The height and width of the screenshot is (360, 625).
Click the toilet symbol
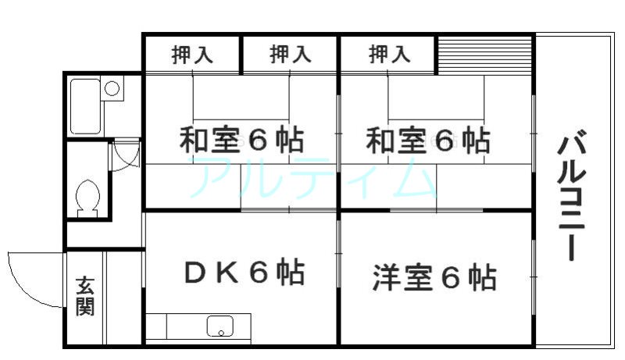point(87,198)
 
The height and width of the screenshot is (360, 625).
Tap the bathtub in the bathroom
point(85,106)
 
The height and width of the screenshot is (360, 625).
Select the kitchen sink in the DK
point(220,326)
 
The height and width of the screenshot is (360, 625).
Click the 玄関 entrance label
point(85,296)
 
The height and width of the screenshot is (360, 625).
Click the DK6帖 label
point(245,272)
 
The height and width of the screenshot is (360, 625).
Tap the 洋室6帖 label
point(434,277)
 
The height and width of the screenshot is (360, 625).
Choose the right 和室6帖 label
point(427,141)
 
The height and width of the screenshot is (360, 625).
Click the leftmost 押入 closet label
point(192,55)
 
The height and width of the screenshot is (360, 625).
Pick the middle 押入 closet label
point(290,54)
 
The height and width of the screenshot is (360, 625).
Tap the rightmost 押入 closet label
point(389,54)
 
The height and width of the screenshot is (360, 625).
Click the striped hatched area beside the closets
point(484,55)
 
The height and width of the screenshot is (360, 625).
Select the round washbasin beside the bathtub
point(112,88)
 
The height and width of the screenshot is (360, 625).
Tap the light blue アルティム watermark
point(313,177)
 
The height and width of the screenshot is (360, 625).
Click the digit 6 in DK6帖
point(258,273)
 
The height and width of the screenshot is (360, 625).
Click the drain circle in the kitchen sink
point(221,332)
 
